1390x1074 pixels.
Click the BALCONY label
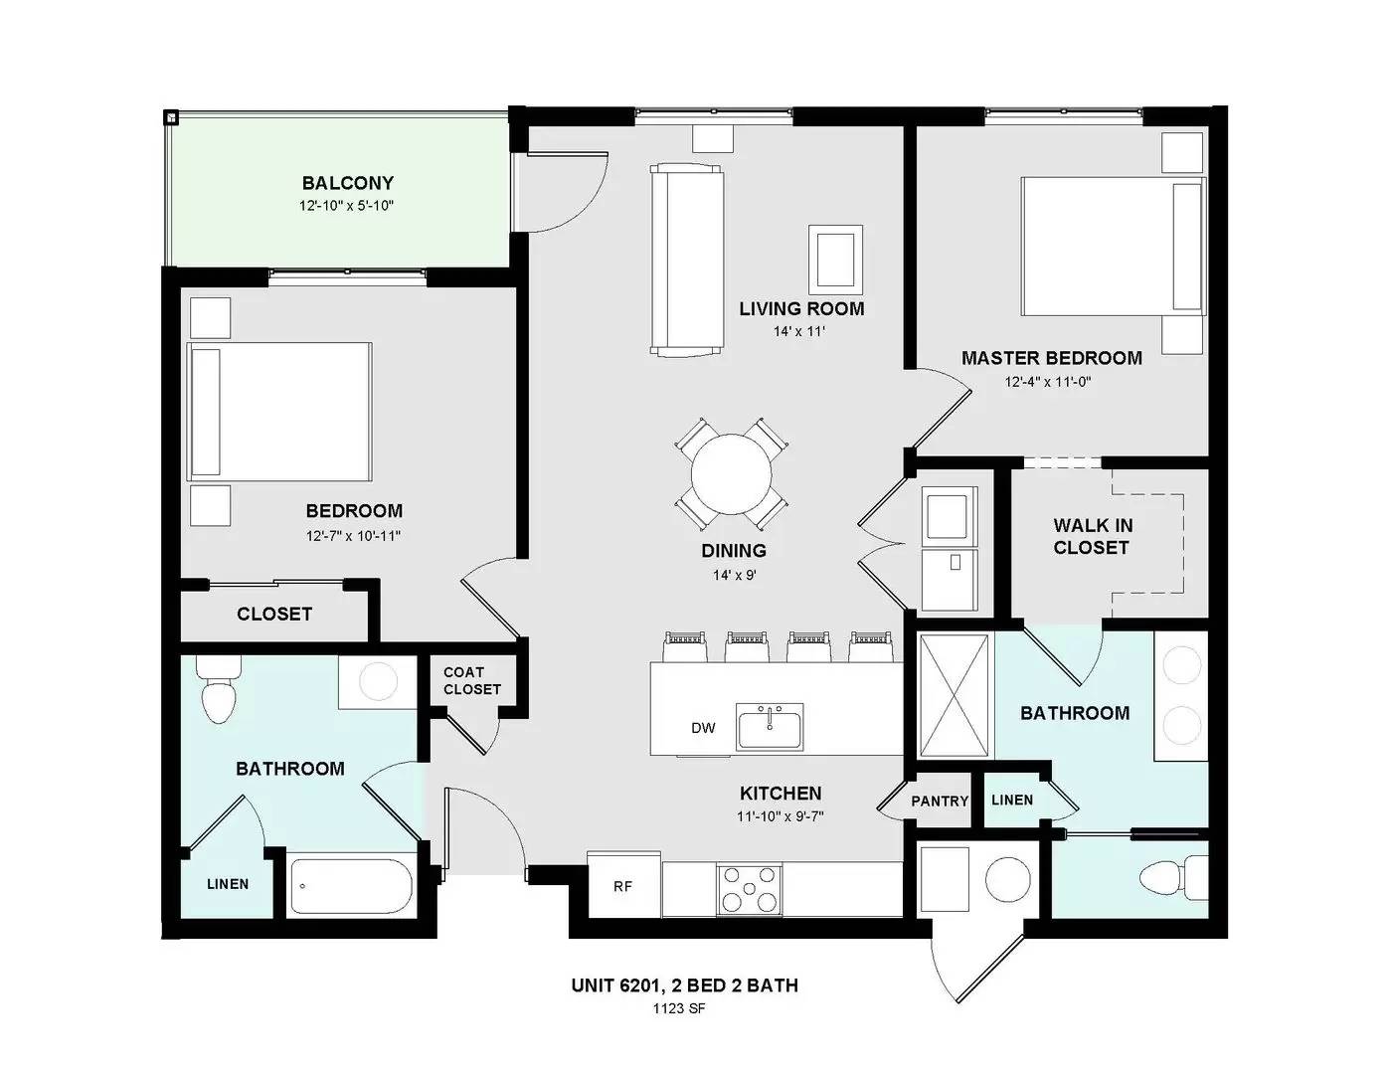click(x=347, y=183)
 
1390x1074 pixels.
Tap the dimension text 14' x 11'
click(x=799, y=331)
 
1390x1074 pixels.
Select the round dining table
click(x=731, y=474)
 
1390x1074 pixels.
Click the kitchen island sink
click(x=770, y=727)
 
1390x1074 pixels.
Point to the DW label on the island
click(x=703, y=727)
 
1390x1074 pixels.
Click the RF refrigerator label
click(x=622, y=886)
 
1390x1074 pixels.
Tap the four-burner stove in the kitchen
click(x=749, y=889)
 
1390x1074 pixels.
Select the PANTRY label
click(x=940, y=801)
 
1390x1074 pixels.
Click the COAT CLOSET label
click(x=472, y=680)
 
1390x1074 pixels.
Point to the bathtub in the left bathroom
click(x=352, y=886)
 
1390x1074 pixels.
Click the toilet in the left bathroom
click(x=218, y=689)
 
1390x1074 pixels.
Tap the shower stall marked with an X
click(x=954, y=695)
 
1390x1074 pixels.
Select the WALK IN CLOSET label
click(x=1093, y=536)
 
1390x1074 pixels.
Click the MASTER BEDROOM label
click(x=1052, y=358)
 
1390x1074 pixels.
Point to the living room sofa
click(x=687, y=260)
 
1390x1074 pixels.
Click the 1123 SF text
click(x=679, y=1008)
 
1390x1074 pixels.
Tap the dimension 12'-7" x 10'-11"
click(x=353, y=535)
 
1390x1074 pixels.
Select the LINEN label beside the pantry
click(x=1012, y=801)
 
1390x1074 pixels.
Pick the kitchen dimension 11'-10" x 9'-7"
click(x=780, y=816)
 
